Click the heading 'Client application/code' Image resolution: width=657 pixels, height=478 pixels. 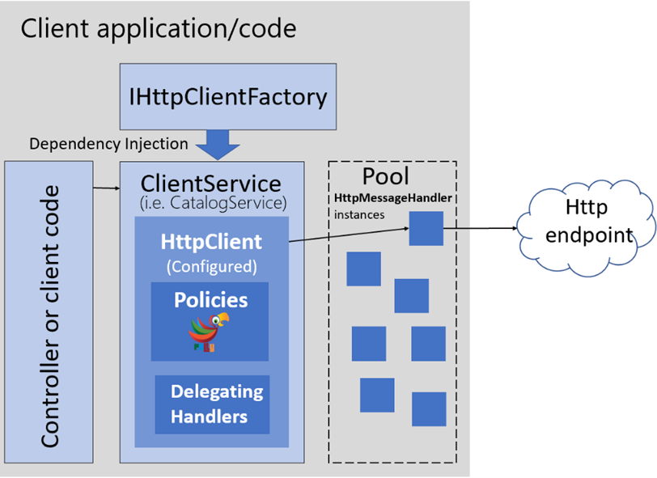click(x=158, y=28)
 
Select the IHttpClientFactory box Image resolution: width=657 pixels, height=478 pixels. click(x=227, y=97)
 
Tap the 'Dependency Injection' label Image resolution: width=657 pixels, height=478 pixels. click(x=108, y=144)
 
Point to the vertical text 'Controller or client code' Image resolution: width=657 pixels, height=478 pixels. click(x=50, y=315)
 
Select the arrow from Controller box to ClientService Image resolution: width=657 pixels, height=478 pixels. click(x=105, y=189)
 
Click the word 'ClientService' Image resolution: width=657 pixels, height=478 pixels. click(x=211, y=183)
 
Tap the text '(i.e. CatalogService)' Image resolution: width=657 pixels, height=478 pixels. click(x=211, y=202)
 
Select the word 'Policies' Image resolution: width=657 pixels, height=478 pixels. click(x=210, y=299)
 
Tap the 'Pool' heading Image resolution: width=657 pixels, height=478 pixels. click(x=386, y=176)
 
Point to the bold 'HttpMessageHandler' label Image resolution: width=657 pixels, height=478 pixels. click(x=392, y=198)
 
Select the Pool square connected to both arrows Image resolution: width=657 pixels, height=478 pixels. click(x=426, y=228)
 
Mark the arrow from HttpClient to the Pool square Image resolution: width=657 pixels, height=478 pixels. click(x=348, y=235)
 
